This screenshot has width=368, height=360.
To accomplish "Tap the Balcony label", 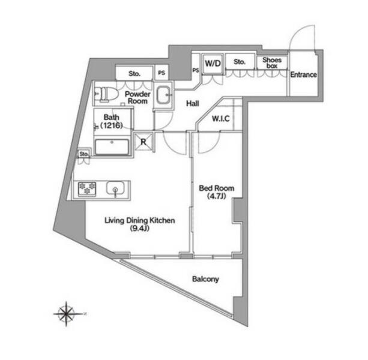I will [x=205, y=279].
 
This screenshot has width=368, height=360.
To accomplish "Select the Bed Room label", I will [x=216, y=188].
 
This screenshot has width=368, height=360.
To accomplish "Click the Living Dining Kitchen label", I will [x=140, y=221].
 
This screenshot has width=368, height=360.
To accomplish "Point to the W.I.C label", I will [x=221, y=118].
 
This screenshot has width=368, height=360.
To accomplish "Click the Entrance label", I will [x=303, y=75].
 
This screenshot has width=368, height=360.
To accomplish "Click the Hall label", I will [x=192, y=103].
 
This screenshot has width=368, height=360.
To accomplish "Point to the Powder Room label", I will [x=137, y=98].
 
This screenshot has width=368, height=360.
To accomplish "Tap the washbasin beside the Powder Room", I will [x=163, y=95].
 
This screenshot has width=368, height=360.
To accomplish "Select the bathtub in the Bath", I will [x=113, y=147].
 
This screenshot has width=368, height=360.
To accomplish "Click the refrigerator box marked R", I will [x=144, y=142].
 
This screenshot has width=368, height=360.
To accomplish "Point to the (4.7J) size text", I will [x=216, y=196].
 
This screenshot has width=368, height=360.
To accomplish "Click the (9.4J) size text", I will [x=140, y=229].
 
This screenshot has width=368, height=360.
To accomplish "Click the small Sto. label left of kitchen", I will [x=83, y=155].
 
